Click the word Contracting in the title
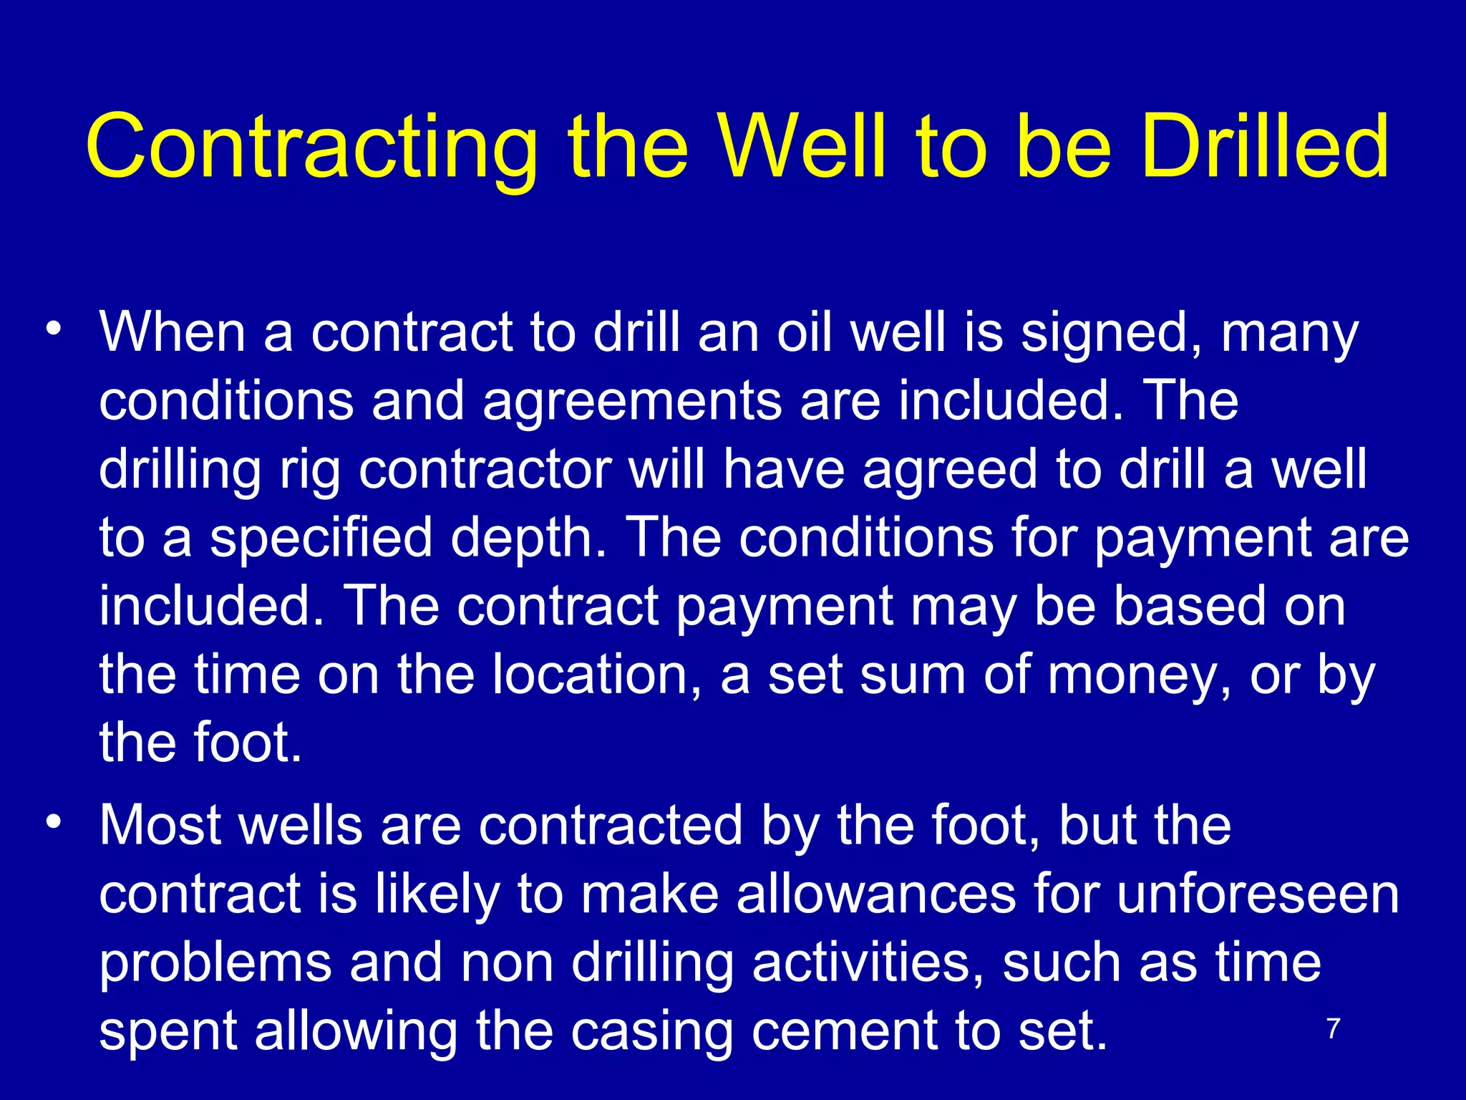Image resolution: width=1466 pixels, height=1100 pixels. tap(311, 148)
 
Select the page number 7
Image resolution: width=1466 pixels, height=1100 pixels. tap(1333, 1029)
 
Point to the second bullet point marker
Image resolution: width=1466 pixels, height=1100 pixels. tap(53, 822)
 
